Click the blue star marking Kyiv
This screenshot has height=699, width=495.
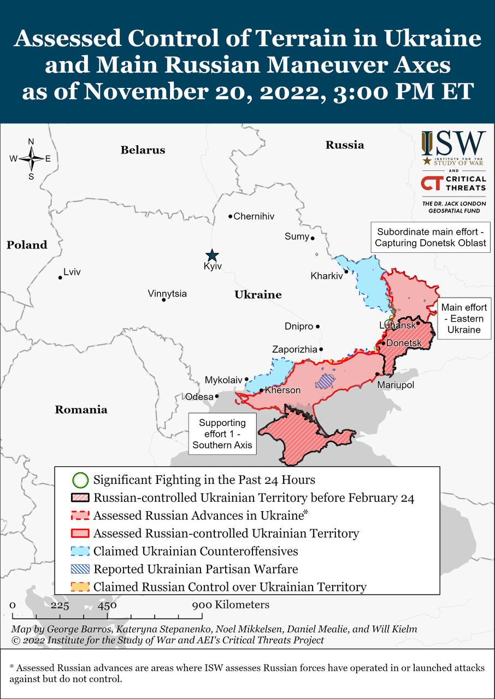point(211,256)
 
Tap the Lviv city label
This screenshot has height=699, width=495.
point(72,272)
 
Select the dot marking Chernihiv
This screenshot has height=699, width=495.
point(231,216)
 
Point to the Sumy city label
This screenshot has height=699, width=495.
point(297,236)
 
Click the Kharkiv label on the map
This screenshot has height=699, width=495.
point(326,276)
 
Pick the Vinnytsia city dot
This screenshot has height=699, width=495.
point(163,300)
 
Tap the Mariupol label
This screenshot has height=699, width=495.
point(396,386)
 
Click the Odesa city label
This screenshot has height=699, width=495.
point(199,397)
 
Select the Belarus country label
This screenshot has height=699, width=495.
point(143,150)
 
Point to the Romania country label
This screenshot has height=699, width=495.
point(81,410)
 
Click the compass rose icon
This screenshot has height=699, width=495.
point(31,159)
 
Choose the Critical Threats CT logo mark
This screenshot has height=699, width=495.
point(432,183)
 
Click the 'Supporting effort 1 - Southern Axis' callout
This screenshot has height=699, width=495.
point(222,434)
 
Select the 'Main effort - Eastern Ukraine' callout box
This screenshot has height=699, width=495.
point(464,319)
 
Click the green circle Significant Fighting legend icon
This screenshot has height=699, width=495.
point(80,481)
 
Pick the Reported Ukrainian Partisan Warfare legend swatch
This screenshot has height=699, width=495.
point(80,570)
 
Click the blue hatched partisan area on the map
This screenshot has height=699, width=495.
point(326,381)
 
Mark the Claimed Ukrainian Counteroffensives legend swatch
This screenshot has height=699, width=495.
point(80,552)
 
